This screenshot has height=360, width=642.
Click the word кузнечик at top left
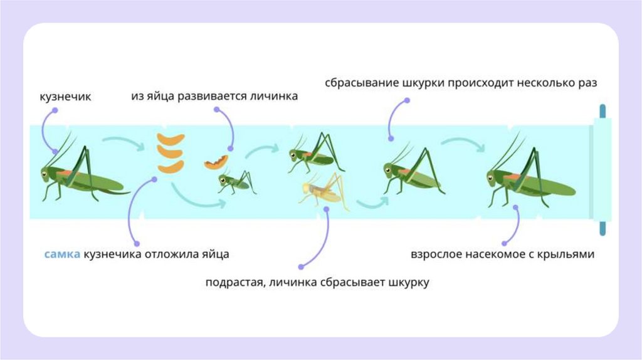(x=65, y=97)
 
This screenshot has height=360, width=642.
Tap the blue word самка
(x=61, y=254)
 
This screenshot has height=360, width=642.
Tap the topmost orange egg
(x=171, y=139)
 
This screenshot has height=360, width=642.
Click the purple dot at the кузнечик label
(x=55, y=110)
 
